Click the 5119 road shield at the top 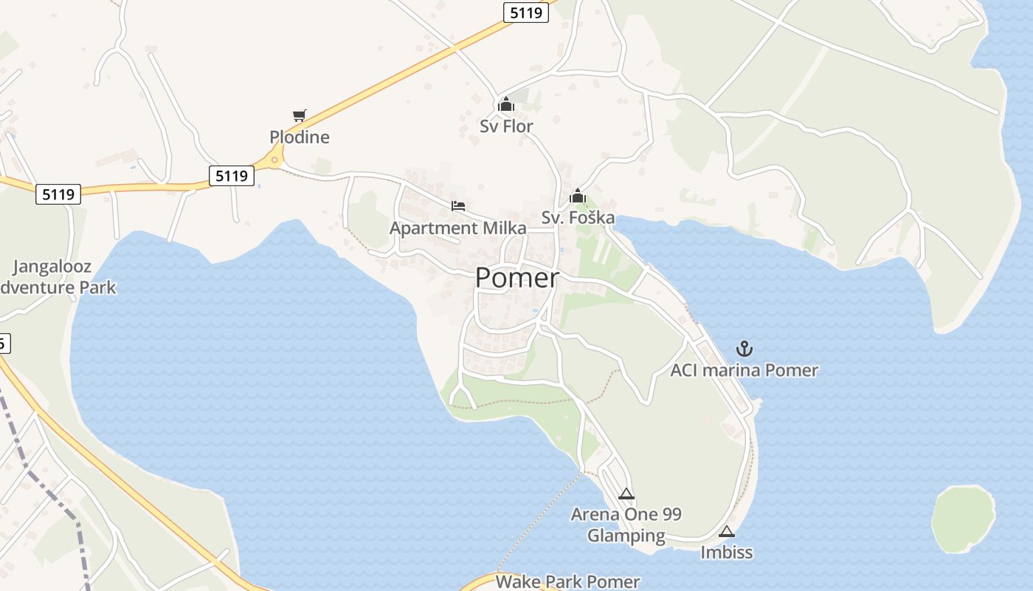pyautogui.click(x=527, y=12)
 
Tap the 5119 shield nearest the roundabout pyautogui.click(x=232, y=176)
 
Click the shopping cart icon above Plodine pyautogui.click(x=299, y=115)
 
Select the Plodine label pyautogui.click(x=300, y=137)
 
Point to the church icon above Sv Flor pyautogui.click(x=505, y=105)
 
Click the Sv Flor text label pyautogui.click(x=506, y=126)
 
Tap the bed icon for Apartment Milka pyautogui.click(x=458, y=206)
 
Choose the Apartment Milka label pyautogui.click(x=458, y=228)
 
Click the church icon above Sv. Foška pyautogui.click(x=578, y=197)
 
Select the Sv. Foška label pyautogui.click(x=578, y=218)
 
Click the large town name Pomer pyautogui.click(x=517, y=279)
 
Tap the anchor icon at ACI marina pyautogui.click(x=744, y=349)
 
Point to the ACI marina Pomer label pyautogui.click(x=744, y=370)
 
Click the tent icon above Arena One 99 pyautogui.click(x=626, y=494)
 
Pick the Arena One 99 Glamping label pyautogui.click(x=626, y=525)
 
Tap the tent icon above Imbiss pyautogui.click(x=727, y=531)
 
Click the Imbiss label pyautogui.click(x=727, y=553)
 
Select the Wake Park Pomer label pyautogui.click(x=567, y=581)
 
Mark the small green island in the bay pyautogui.click(x=963, y=519)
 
